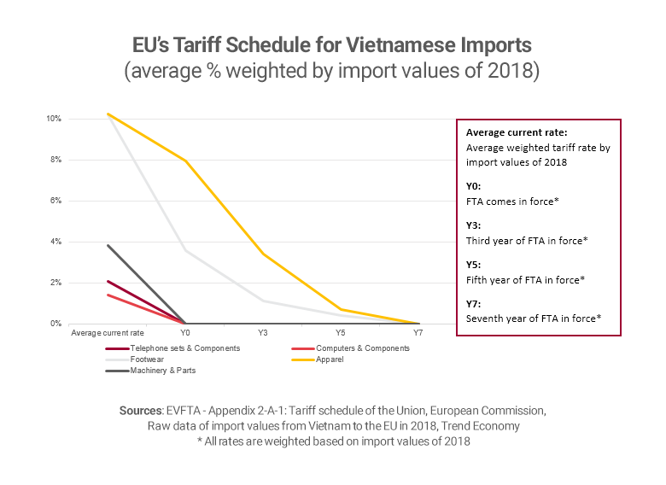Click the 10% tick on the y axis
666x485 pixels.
(55, 119)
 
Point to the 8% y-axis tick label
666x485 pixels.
(56, 160)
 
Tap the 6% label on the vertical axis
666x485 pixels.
(56, 201)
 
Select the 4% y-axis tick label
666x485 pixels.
(56, 242)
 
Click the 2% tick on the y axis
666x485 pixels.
(56, 283)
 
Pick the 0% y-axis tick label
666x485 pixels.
(56, 324)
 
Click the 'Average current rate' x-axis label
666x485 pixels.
(107, 333)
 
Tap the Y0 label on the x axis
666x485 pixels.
(184, 333)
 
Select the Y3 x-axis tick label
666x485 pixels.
(262, 333)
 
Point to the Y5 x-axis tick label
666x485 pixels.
(340, 333)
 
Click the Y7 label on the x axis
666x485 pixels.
(418, 333)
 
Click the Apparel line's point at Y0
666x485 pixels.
(184, 161)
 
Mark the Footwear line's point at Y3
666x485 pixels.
(262, 301)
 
